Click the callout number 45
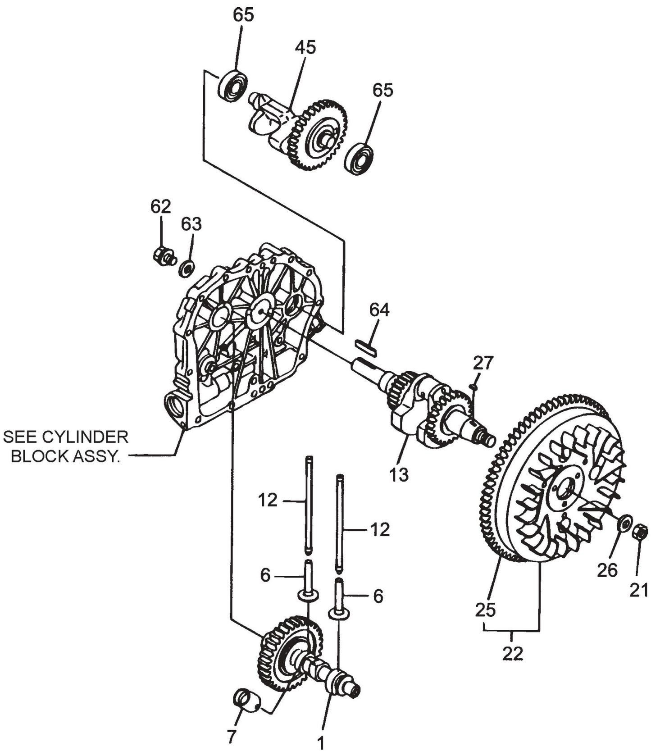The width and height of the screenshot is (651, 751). [x=305, y=48]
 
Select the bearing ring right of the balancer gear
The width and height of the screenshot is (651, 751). [x=359, y=159]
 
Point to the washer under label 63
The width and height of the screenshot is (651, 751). [x=187, y=269]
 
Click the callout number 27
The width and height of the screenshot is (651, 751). [x=483, y=363]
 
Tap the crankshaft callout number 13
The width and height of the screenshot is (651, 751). [x=399, y=474]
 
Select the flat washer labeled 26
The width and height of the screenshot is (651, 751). [x=622, y=525]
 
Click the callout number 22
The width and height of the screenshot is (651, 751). [x=512, y=653]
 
